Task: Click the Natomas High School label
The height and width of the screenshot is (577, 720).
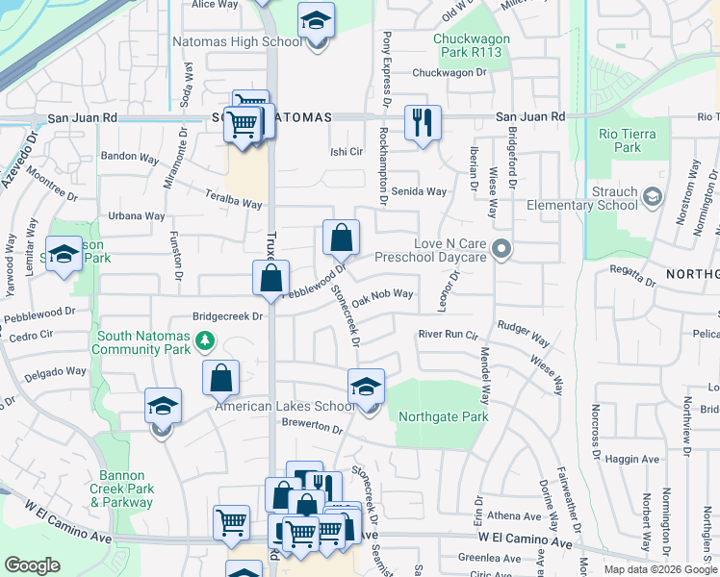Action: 238,42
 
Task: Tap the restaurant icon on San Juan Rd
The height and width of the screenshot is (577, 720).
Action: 423,122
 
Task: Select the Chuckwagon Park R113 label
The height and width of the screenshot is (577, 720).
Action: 467,44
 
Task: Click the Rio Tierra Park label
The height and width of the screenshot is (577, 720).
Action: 620,140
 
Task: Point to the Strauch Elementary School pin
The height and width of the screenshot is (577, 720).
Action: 653,197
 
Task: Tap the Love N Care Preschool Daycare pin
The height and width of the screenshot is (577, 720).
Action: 500,250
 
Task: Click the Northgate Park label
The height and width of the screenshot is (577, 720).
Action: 443,416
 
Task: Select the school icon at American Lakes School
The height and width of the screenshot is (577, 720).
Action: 366,387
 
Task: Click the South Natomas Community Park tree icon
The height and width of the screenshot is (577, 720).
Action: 203,339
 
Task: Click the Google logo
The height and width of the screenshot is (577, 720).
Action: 33,565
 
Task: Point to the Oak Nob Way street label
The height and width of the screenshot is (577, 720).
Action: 382,298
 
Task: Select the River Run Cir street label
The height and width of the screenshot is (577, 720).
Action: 448,335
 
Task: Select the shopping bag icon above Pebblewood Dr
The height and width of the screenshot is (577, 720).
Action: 341,237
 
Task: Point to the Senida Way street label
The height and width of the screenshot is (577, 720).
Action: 423,191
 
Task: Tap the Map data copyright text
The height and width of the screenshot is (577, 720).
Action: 660,568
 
